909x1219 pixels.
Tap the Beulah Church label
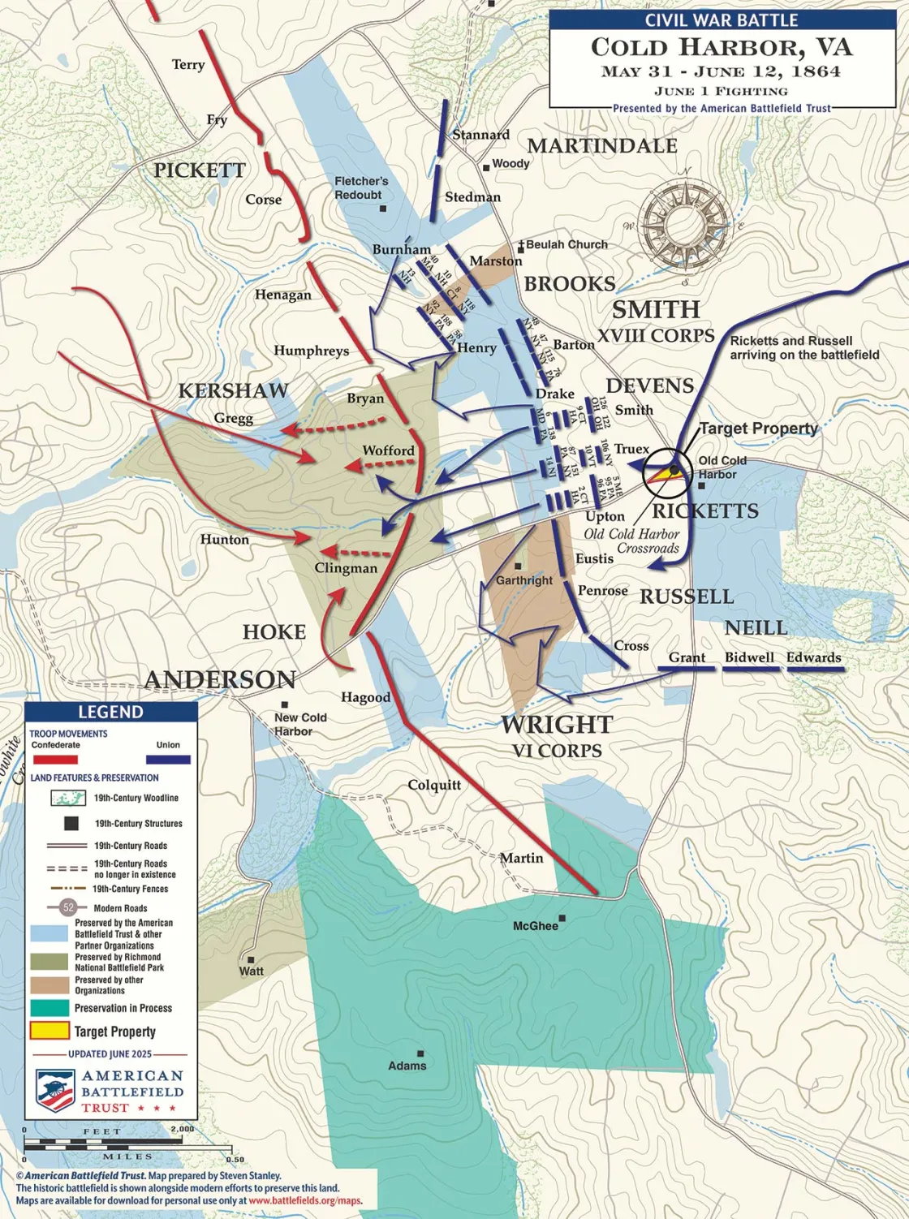click(x=567, y=244)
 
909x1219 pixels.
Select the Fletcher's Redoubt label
click(x=361, y=187)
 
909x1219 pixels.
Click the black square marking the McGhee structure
click(x=562, y=919)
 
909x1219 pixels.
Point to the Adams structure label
click(x=407, y=1066)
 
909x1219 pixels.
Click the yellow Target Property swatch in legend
click(x=50, y=1032)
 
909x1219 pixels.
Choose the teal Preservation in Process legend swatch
click(x=50, y=1008)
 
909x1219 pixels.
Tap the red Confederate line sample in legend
click(x=55, y=760)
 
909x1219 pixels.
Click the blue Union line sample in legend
click(x=168, y=760)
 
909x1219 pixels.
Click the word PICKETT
click(x=199, y=170)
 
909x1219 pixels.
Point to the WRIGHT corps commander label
click(x=557, y=724)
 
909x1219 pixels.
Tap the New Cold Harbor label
click(x=299, y=724)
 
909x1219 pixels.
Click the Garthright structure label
click(x=524, y=580)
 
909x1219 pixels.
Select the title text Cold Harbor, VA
click(x=722, y=47)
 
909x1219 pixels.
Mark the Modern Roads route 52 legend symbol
click(x=68, y=908)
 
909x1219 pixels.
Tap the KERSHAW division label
click(x=233, y=391)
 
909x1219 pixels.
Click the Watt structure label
click(x=251, y=971)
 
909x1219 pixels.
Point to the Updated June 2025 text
click(x=110, y=1053)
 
